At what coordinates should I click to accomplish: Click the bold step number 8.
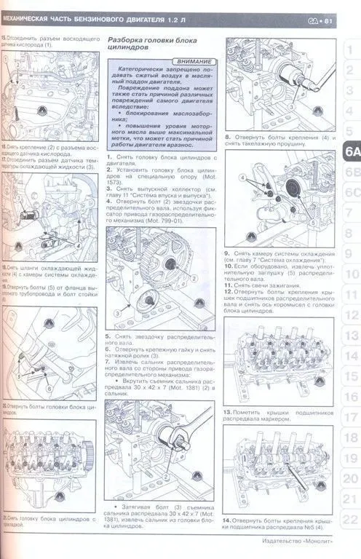coord(228,137)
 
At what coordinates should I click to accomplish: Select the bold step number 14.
coord(228,521)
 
